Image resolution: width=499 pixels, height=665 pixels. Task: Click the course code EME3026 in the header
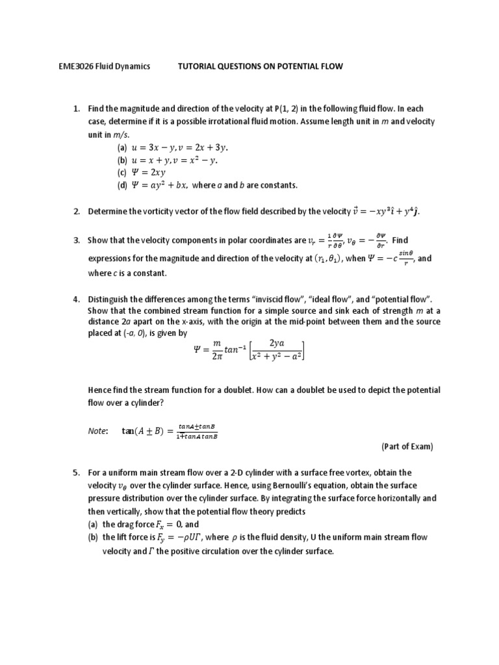pyautogui.click(x=70, y=66)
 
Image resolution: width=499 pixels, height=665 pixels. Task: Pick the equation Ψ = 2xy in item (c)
pyautogui.click(x=150, y=172)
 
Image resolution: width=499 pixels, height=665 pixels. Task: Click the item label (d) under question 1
pyautogui.click(x=122, y=185)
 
